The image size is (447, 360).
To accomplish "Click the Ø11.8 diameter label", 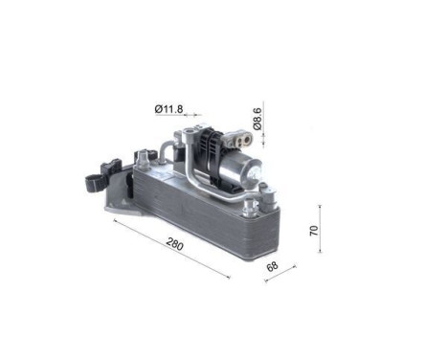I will (x=168, y=108).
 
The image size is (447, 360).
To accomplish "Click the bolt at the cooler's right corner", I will (x=278, y=198).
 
